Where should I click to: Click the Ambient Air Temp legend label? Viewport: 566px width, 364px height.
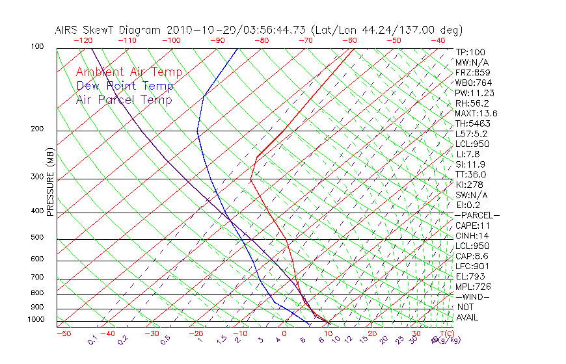point(129,72)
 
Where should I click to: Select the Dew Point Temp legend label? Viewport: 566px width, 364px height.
point(125,86)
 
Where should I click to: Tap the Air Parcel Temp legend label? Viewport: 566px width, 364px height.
point(124,99)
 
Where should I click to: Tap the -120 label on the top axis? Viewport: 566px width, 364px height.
point(83,40)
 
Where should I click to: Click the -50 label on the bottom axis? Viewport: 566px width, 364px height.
point(63,333)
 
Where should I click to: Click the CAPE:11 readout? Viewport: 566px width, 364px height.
point(472,226)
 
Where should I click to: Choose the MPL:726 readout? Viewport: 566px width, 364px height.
point(472,287)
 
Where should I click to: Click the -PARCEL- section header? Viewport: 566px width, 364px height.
point(477,215)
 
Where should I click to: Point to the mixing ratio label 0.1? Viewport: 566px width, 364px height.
point(93,340)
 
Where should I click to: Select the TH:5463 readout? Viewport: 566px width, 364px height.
point(473,123)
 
